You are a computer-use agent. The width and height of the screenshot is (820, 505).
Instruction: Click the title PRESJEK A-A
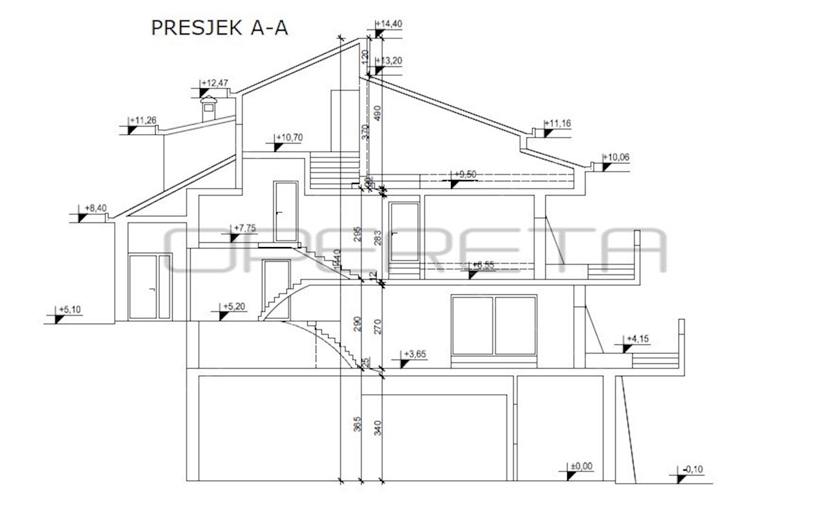click(x=219, y=27)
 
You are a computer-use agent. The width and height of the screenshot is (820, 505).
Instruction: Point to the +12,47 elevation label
click(x=216, y=83)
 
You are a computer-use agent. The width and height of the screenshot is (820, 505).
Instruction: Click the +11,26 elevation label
click(x=144, y=121)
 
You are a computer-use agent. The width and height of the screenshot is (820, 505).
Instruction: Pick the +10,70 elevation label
click(x=290, y=138)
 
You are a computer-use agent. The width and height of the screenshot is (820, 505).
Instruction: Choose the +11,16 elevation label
click(x=558, y=124)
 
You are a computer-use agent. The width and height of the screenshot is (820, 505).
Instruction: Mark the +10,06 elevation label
click(x=616, y=158)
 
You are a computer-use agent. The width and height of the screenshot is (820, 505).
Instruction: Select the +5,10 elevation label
click(x=70, y=310)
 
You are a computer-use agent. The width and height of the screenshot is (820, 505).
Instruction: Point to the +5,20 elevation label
click(x=236, y=307)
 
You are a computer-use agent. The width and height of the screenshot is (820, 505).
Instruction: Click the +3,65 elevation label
click(x=415, y=354)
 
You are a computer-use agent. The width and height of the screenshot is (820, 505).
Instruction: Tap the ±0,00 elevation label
click(x=583, y=467)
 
